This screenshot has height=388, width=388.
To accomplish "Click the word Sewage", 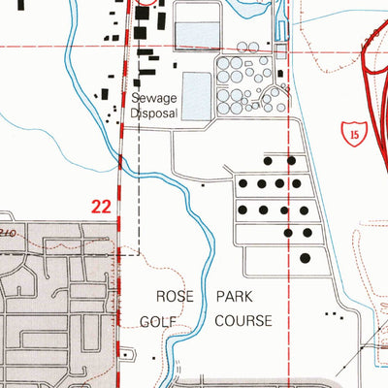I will [x=156, y=99].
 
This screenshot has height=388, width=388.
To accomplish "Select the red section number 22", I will [x=102, y=206].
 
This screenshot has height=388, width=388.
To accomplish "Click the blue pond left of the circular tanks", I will [x=196, y=94].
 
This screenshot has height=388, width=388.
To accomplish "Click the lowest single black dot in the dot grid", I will [x=306, y=258].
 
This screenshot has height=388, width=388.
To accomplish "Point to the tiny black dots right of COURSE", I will [x=335, y=315].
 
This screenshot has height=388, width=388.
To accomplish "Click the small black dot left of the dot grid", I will [x=202, y=183].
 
